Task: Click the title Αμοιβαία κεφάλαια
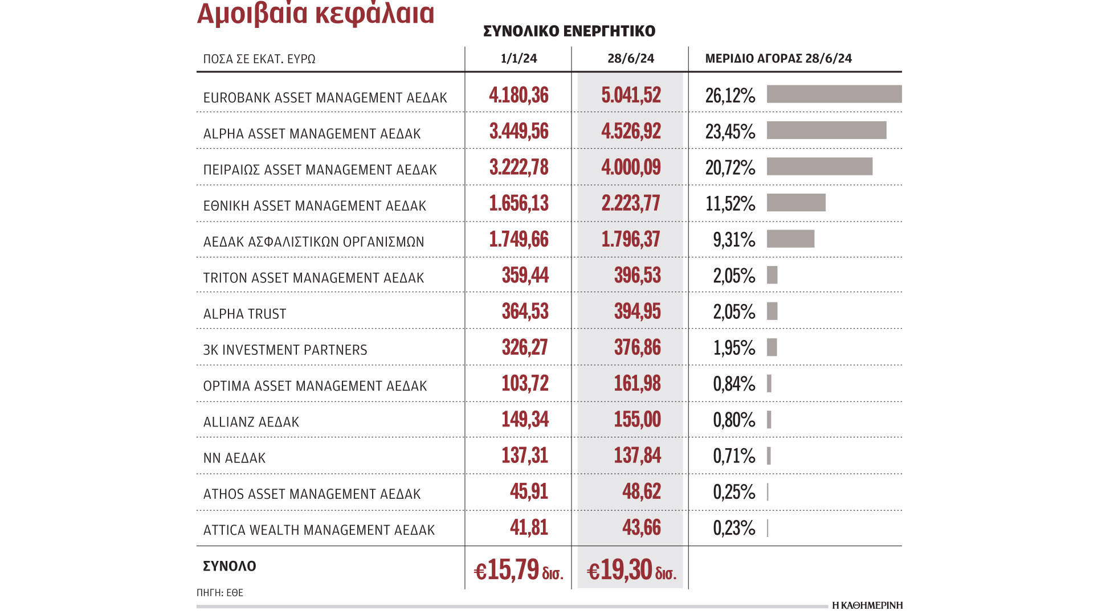[x=315, y=14]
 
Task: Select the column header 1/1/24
[x=519, y=59]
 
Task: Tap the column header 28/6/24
[x=630, y=59]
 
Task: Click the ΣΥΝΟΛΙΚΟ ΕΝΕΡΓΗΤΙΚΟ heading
[x=569, y=31]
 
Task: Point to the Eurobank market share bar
[x=834, y=94]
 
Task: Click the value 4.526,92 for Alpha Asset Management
[x=631, y=131]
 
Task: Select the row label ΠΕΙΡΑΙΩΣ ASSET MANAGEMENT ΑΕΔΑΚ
[x=320, y=170]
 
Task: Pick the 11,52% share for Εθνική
[x=730, y=203]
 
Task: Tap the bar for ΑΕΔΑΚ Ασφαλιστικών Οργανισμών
[x=790, y=239]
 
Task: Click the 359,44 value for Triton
[x=525, y=276]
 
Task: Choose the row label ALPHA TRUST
[x=244, y=314]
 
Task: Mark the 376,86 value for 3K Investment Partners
[x=637, y=347]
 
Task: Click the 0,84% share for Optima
[x=734, y=384]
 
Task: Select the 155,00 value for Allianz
[x=637, y=420]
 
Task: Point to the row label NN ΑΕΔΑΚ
[x=234, y=458]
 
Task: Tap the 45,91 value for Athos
[x=529, y=491]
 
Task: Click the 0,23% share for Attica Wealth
[x=734, y=528]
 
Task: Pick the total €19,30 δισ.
[x=631, y=570]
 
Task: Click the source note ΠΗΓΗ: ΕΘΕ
[x=220, y=593]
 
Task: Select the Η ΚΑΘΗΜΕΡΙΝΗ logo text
[x=867, y=605]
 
